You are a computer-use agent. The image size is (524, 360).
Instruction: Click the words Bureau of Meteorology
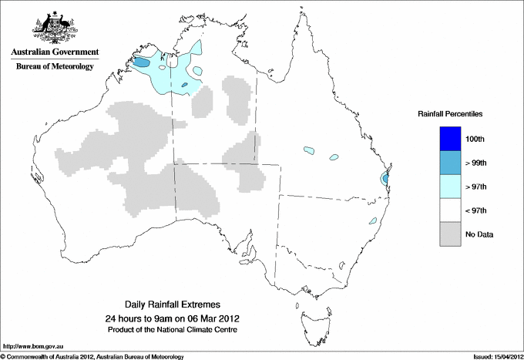pos(55,67)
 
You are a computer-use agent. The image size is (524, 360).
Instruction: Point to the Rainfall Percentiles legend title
pos(450,113)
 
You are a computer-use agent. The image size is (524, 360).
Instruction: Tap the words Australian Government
pos(55,52)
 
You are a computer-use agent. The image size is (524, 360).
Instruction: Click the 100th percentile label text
pos(476,139)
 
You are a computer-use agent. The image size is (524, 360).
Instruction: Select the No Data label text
pos(479,234)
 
